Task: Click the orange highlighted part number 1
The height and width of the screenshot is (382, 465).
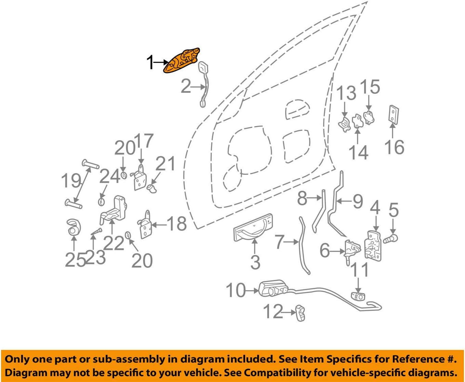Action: coord(181,61)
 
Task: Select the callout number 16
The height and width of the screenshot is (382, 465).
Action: coord(394,147)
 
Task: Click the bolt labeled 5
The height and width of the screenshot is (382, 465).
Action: coord(391,238)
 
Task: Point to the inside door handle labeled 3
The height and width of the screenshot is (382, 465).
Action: coord(253,228)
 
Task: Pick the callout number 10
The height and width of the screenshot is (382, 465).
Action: coord(235,290)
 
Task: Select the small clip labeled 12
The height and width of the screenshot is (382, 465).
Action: coord(300,313)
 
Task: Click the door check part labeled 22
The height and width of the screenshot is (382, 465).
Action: coord(114,210)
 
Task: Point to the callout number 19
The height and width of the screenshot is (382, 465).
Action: coord(71,180)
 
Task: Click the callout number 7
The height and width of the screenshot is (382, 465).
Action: coord(280,242)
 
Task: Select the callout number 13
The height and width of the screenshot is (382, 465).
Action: coord(346,93)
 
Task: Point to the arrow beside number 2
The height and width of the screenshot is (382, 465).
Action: coord(198,87)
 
